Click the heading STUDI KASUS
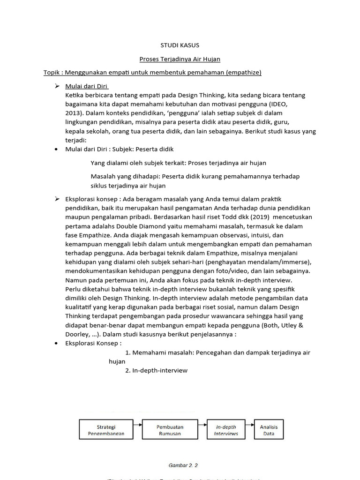tap(180, 45)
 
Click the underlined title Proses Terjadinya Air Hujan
tap(180, 59)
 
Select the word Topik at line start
tap(52, 73)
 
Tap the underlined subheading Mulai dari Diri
tap(87, 86)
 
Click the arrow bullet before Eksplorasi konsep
tap(57, 199)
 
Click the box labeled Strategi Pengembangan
tap(106, 430)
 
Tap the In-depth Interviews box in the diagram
tap(226, 430)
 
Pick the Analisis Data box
tap(269, 430)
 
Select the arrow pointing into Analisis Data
tap(249, 425)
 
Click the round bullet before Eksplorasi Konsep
tap(56, 344)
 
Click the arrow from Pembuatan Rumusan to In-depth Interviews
tap(201, 425)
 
